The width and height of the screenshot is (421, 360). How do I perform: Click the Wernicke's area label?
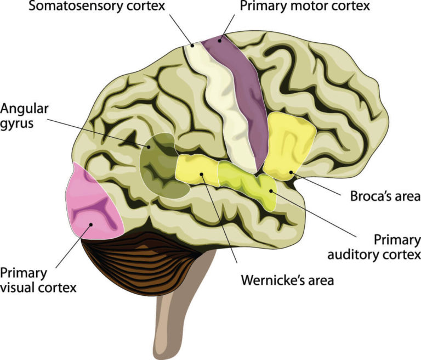(287, 280)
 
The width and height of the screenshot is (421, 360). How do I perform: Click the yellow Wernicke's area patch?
(197, 170)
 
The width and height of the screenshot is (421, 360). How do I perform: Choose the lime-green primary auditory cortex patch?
(247, 181)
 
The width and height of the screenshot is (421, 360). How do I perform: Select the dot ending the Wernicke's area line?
(202, 175)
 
